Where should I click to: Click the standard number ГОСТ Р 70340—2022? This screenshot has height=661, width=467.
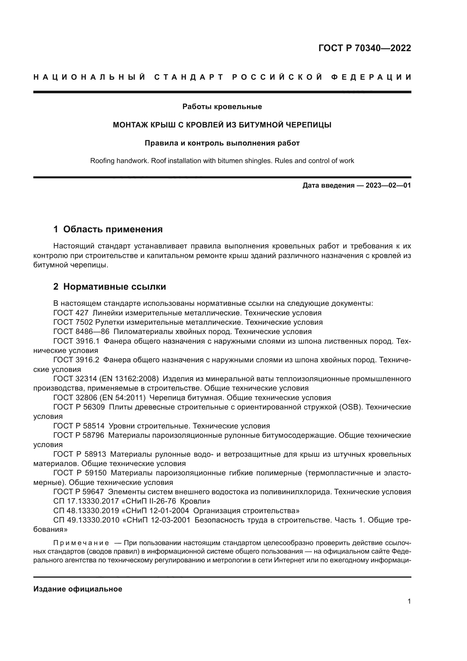pos(364,48)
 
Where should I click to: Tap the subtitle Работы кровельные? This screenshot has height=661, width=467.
pos(222,107)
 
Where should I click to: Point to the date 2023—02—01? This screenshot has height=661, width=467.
pos(388,185)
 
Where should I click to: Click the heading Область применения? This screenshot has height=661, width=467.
pos(113,229)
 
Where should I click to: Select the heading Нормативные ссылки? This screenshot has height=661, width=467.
pos(114,287)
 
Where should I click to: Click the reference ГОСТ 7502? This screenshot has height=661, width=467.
pos(73,322)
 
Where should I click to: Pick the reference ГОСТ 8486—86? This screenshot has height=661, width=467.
pos(81,332)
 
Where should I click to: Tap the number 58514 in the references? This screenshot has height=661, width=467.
pos(93,426)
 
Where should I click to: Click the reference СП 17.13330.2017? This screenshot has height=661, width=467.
pos(86,501)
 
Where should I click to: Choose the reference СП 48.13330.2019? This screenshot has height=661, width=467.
pos(86,511)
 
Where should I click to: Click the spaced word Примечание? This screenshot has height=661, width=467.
pos(81,543)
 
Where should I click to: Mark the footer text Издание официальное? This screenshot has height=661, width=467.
pos(78,589)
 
